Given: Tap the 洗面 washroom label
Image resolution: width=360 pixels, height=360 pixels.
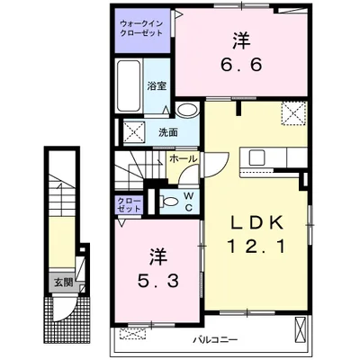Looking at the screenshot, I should (168, 132).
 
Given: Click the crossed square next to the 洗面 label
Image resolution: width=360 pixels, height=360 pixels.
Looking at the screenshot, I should (134, 131).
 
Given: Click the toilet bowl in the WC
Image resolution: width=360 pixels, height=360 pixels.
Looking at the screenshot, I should (168, 200).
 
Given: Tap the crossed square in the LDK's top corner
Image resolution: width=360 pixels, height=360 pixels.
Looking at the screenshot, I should (293, 115).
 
